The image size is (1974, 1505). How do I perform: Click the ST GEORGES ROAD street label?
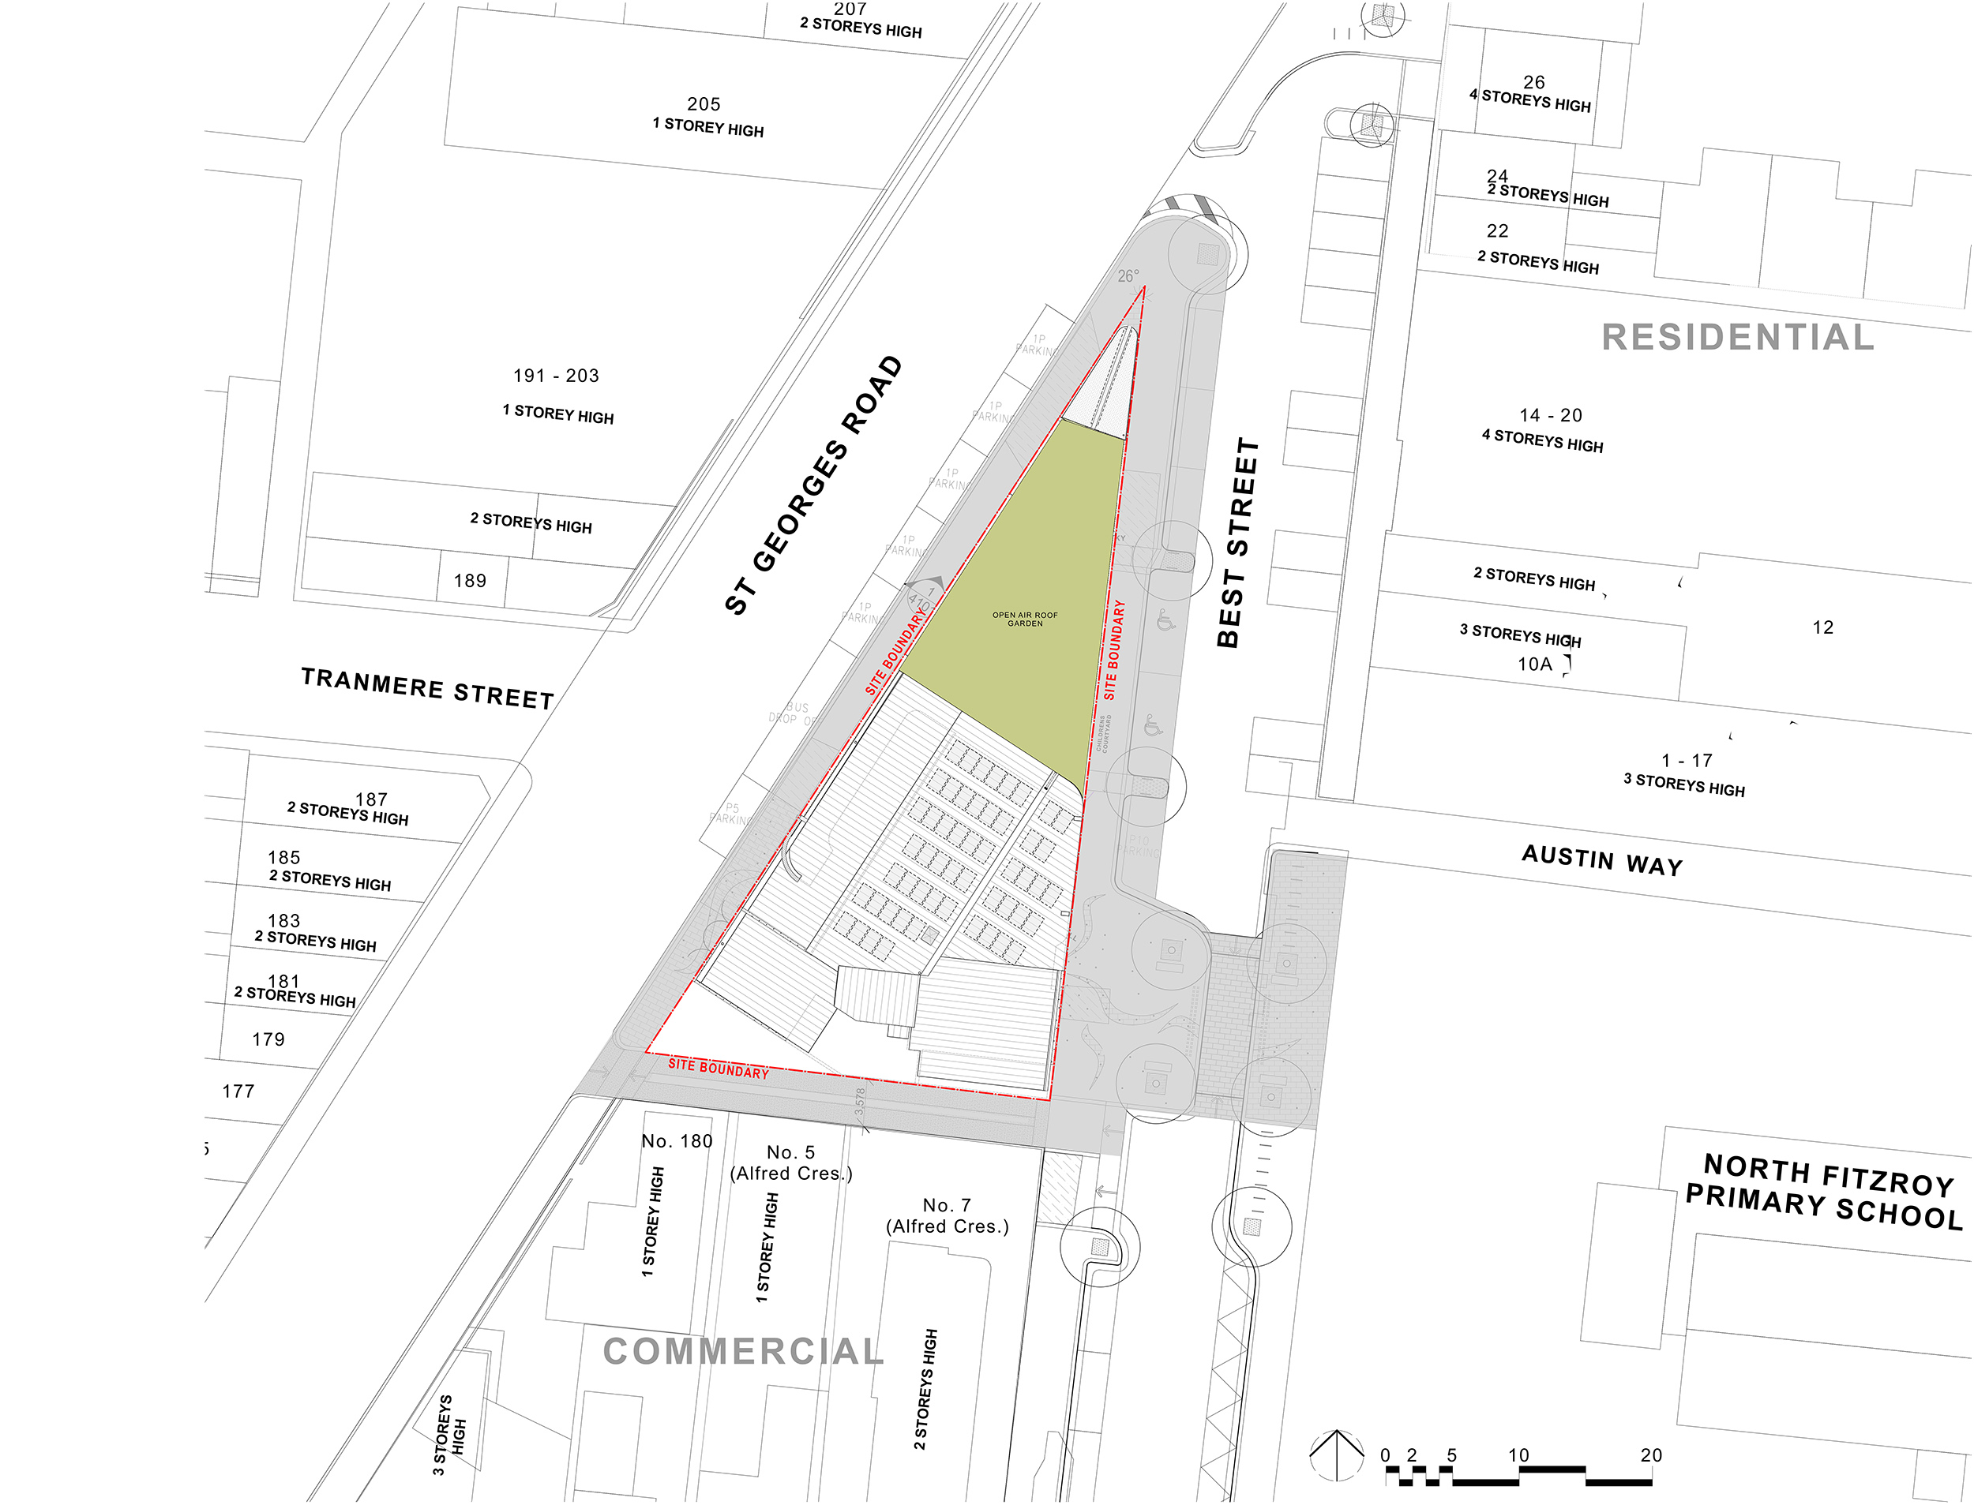click(x=812, y=485)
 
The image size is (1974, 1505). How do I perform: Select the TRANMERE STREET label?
click(x=427, y=688)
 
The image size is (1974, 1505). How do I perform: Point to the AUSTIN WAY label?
click(x=1602, y=859)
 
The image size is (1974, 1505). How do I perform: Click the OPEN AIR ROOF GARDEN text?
click(x=1024, y=619)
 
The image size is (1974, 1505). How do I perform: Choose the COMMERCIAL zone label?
click(x=743, y=1351)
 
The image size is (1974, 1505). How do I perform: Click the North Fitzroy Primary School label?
click(x=1823, y=1191)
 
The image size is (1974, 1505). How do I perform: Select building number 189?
click(x=470, y=581)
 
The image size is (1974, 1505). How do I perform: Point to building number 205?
click(x=704, y=104)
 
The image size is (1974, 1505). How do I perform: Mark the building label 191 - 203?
click(x=556, y=376)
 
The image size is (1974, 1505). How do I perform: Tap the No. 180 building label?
click(x=677, y=1140)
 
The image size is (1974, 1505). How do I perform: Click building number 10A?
click(x=1534, y=664)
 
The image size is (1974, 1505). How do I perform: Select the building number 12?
click(x=1822, y=627)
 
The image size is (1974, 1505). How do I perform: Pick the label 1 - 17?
click(x=1687, y=760)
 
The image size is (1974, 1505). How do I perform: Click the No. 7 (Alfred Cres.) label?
click(x=948, y=1215)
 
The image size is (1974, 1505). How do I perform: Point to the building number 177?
click(x=238, y=1091)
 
